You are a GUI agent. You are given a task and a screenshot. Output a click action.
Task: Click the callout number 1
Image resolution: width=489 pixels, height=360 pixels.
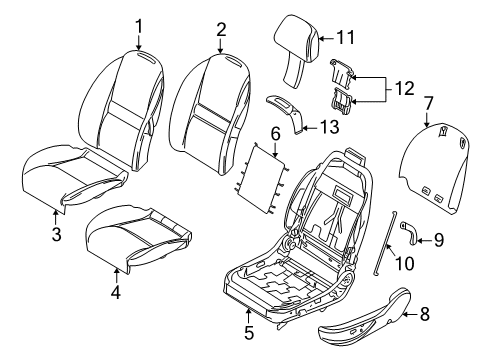click(x=139, y=26)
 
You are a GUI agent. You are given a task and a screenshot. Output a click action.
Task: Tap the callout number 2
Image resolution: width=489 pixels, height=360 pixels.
click(x=221, y=30)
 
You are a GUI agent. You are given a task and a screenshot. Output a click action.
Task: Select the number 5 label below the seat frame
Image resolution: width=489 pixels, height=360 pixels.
click(x=249, y=332)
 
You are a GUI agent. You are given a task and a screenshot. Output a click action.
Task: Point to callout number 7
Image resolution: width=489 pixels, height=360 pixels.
click(x=428, y=103)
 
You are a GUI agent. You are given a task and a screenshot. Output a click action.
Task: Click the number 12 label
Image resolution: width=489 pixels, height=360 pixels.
click(x=404, y=88)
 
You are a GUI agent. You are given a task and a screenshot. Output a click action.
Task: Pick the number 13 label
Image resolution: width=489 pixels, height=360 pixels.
click(x=329, y=127)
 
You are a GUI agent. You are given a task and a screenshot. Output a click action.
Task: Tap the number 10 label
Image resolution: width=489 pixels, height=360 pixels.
click(x=404, y=263)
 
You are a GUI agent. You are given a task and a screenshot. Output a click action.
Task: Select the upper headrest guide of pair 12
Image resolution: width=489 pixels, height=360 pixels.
click(x=342, y=75)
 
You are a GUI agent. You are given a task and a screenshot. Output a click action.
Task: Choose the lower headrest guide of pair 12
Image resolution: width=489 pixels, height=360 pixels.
click(x=341, y=100)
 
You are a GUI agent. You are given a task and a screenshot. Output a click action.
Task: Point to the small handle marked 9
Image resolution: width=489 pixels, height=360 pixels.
click(x=409, y=232)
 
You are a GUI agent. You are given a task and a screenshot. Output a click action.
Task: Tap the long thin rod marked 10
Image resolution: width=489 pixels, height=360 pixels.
click(x=384, y=243)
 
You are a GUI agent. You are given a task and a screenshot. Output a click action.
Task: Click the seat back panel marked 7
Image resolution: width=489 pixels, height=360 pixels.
click(x=435, y=168)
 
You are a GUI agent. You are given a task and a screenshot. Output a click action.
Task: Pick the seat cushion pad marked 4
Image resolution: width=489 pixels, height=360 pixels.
click(x=138, y=239)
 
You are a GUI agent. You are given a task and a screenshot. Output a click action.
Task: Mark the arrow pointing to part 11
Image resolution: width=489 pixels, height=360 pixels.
click(x=326, y=39)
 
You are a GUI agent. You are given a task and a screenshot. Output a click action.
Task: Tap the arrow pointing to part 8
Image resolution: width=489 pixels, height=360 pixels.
click(x=411, y=314)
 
